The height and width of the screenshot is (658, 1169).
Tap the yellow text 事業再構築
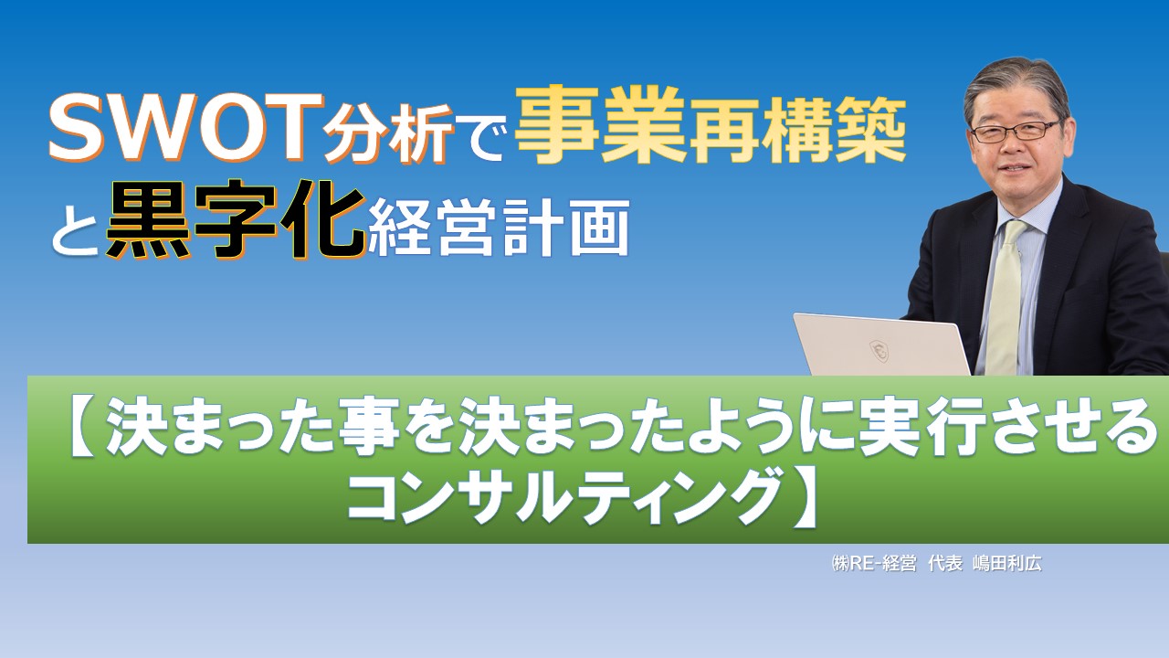coord(711,130)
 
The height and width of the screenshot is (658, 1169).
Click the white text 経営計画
coord(500,230)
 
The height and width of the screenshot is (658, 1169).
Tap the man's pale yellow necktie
coord(1006,292)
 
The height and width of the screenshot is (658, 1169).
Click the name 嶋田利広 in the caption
coord(1006,564)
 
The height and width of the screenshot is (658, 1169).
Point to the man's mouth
coord(1016,170)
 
